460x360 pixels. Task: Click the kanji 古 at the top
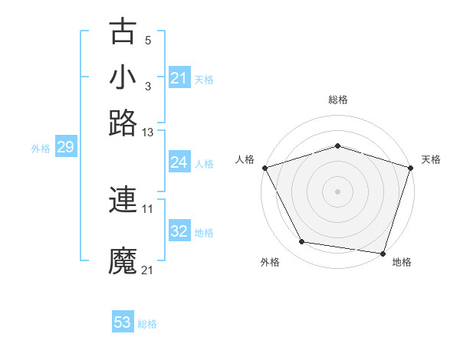(x=123, y=31)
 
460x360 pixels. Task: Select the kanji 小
(x=123, y=77)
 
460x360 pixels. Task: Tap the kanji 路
(x=123, y=123)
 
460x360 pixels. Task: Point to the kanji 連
(x=123, y=201)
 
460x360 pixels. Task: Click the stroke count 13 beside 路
(x=148, y=133)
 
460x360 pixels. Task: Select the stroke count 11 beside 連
(x=148, y=208)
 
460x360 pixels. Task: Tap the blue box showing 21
(x=179, y=78)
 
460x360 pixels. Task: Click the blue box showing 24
(x=179, y=162)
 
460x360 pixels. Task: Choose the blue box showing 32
(x=179, y=231)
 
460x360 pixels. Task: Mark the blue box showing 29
(x=65, y=148)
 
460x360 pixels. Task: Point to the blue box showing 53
(x=123, y=322)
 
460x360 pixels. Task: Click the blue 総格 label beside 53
(x=147, y=324)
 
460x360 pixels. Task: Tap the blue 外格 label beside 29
(x=41, y=149)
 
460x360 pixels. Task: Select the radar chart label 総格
(x=338, y=100)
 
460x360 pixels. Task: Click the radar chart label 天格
(x=431, y=159)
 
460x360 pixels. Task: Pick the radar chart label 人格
(x=245, y=159)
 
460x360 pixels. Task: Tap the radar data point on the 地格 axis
(x=383, y=253)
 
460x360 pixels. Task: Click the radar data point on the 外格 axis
(x=302, y=242)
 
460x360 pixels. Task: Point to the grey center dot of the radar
(x=338, y=191)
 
